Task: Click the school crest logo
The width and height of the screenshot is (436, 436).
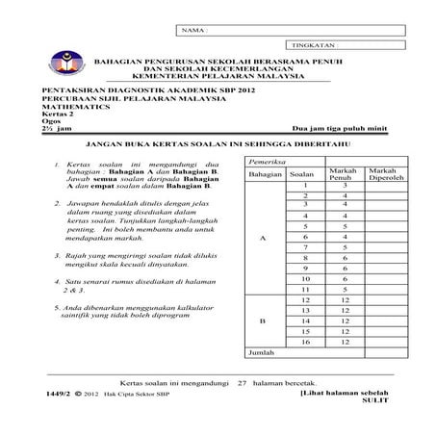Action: coord(67,61)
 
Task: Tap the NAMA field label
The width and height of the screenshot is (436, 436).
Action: coord(192,31)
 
